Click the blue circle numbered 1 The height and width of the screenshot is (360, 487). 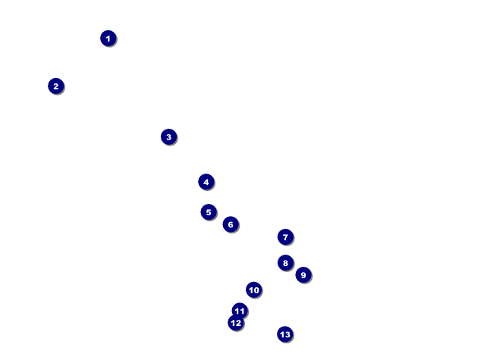point(108,38)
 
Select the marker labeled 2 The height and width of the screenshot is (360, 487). point(55,86)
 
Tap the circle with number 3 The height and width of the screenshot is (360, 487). point(168,137)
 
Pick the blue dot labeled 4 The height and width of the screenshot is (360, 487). point(206,182)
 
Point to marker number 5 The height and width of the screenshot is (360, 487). point(209,212)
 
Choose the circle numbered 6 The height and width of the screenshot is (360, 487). point(231,224)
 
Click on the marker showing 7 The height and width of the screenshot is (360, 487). point(285,237)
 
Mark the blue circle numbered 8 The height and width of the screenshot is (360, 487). point(285,263)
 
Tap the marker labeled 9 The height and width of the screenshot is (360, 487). point(303,275)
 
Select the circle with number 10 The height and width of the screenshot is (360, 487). point(253,290)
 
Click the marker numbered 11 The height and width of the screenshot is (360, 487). point(240,311)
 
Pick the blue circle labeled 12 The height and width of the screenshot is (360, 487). point(236,323)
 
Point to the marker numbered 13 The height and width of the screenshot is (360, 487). point(284,334)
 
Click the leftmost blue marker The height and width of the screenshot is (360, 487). point(55,86)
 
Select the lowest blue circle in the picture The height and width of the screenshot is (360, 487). point(284,334)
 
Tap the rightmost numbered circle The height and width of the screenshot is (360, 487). point(303,275)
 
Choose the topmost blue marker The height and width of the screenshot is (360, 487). point(108,38)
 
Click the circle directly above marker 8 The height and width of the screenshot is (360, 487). point(285,237)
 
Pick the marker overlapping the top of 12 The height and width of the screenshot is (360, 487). point(240,311)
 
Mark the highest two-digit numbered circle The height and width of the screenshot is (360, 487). point(253,290)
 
